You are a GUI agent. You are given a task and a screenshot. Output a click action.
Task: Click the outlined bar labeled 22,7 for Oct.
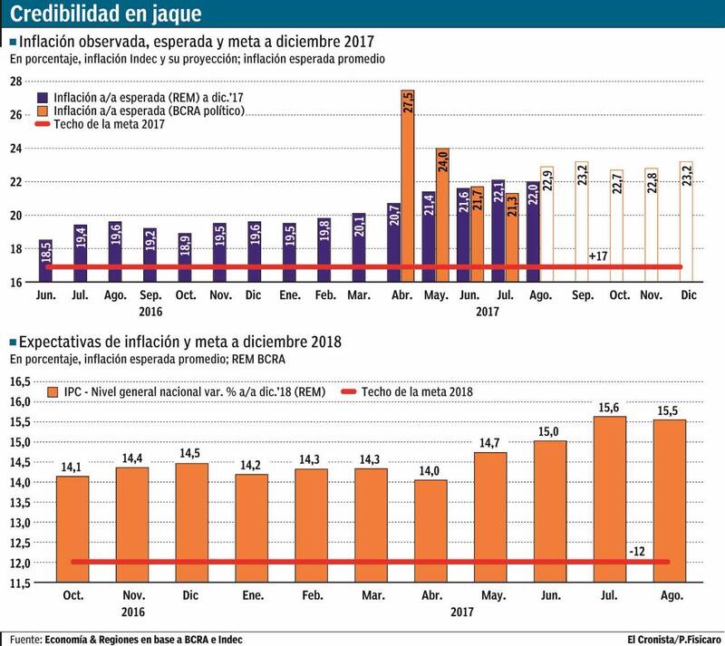[616, 226]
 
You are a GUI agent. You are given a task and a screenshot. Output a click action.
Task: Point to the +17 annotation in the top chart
[598, 256]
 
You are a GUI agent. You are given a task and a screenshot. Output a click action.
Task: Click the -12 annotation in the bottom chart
[636, 550]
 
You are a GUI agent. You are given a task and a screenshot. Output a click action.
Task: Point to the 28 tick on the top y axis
[15, 82]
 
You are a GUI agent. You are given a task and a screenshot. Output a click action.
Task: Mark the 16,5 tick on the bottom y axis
[19, 381]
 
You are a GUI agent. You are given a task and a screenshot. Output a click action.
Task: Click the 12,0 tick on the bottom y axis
[19, 563]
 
